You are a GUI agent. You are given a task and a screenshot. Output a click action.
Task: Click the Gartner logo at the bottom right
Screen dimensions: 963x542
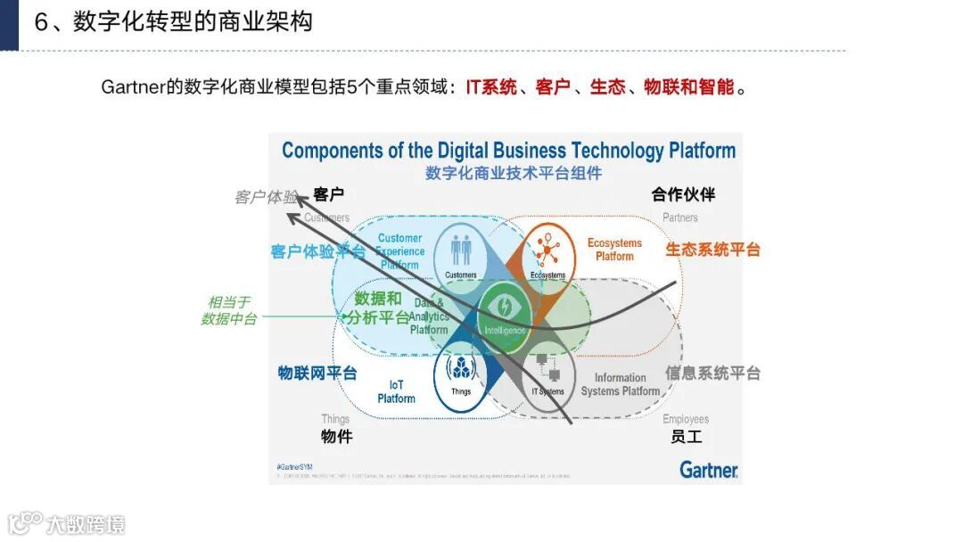(x=709, y=469)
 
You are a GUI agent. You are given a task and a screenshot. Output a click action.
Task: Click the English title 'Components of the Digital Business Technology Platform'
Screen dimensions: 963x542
(x=508, y=151)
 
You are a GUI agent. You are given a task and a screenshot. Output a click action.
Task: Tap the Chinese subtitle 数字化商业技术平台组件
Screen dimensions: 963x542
(x=514, y=173)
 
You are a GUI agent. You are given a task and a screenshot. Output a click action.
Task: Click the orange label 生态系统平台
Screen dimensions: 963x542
(x=712, y=250)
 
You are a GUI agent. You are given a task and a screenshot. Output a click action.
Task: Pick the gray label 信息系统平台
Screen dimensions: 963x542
(x=712, y=373)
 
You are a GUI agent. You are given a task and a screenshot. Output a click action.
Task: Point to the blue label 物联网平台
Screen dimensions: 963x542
(x=317, y=373)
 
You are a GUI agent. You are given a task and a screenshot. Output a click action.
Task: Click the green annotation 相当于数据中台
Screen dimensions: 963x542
(x=229, y=310)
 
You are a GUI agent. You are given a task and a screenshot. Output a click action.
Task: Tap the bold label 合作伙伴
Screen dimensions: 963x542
(x=683, y=194)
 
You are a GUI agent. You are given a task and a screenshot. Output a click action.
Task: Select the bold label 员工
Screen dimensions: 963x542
(x=687, y=437)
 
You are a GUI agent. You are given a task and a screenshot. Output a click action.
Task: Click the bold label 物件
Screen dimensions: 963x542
(x=337, y=437)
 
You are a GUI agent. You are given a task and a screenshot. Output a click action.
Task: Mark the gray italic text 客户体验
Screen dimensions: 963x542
(x=266, y=197)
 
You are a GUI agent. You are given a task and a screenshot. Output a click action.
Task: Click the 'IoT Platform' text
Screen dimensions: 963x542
(x=396, y=391)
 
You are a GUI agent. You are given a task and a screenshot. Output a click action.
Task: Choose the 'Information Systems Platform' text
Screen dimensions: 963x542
(x=621, y=384)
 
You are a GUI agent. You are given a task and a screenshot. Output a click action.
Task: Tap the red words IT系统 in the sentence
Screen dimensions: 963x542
(x=491, y=87)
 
